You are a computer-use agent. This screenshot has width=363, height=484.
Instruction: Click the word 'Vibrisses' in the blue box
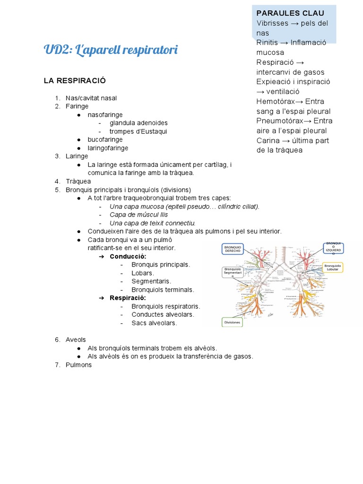click(272, 23)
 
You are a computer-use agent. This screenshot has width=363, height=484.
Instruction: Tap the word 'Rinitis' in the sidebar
click(268, 43)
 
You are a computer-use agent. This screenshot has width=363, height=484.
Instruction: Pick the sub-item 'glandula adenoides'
click(138, 123)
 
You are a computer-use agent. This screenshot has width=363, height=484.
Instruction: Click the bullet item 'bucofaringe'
click(105, 139)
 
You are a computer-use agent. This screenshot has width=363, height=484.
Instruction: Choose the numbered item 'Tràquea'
click(78, 181)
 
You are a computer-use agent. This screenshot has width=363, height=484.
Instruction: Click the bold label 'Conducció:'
click(128, 256)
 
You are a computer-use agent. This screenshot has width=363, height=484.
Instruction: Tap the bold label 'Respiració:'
click(128, 298)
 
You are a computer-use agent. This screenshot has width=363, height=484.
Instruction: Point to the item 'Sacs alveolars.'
click(154, 323)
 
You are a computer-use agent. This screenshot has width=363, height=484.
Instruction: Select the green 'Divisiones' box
click(233, 322)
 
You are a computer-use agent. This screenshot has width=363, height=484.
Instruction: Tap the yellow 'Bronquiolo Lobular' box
click(333, 268)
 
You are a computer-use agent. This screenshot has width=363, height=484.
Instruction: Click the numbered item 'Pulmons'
click(78, 365)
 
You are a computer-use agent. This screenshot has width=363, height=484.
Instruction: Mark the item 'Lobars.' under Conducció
click(143, 273)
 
